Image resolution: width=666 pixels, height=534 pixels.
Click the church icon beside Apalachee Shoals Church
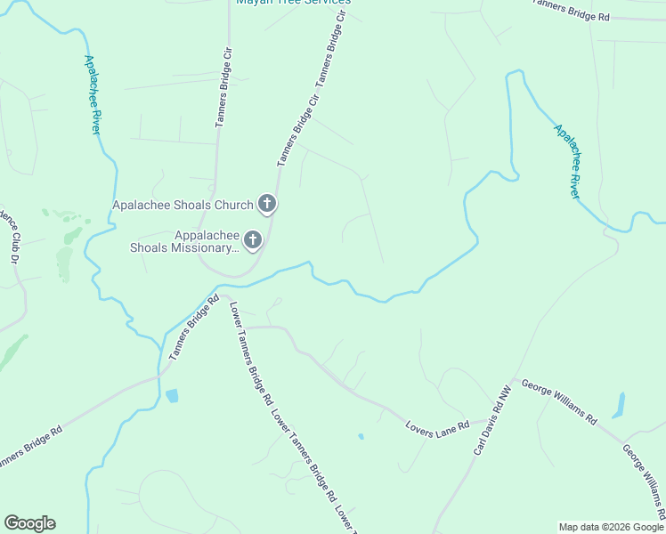pyautogui.click(x=266, y=205)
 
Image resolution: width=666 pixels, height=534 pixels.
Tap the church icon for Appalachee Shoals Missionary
pyautogui.click(x=253, y=240)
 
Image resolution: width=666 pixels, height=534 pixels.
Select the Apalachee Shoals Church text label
pyautogui.click(x=183, y=206)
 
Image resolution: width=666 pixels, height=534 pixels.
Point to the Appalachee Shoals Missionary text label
pyautogui.click(x=183, y=241)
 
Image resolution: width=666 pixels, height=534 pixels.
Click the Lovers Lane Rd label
pyautogui.click(x=437, y=425)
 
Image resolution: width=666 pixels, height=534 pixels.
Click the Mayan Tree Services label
pyautogui.click(x=293, y=3)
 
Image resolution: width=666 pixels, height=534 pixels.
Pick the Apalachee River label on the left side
pyautogui.click(x=93, y=94)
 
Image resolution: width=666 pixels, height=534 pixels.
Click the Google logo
pyautogui.click(x=29, y=523)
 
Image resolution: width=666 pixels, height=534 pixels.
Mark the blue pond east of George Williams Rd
pyautogui.click(x=618, y=406)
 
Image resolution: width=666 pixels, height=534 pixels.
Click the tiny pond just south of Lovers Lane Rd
pyautogui.click(x=360, y=436)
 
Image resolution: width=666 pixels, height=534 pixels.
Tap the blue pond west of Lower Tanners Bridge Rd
pyautogui.click(x=172, y=395)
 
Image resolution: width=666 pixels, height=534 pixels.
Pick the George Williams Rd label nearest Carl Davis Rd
pyautogui.click(x=558, y=403)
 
